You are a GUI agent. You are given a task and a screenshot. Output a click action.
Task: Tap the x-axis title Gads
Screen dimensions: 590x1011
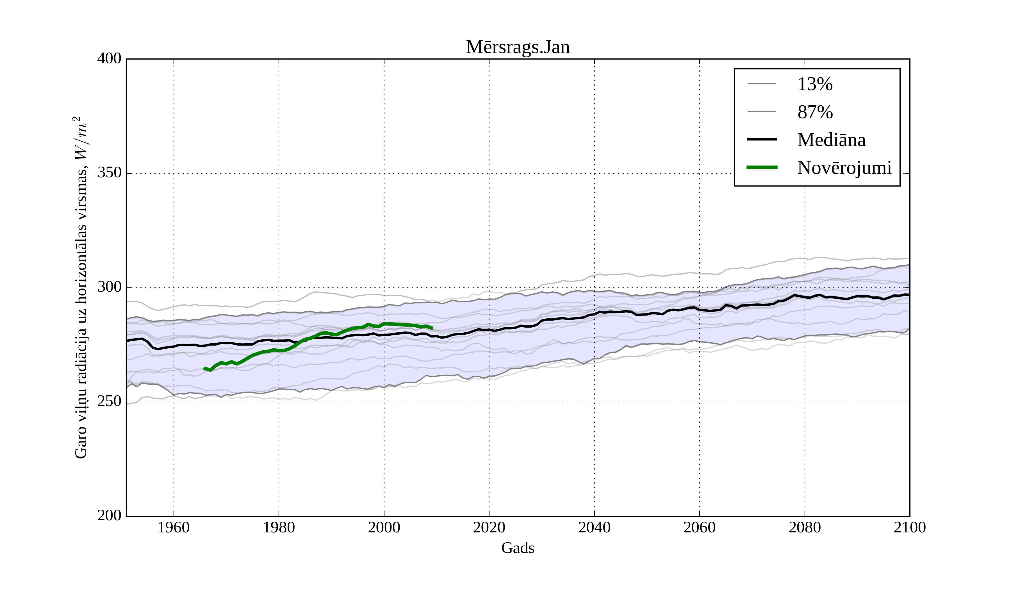pyautogui.click(x=518, y=548)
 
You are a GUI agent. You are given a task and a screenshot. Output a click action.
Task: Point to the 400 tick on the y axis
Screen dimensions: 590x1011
pyautogui.click(x=109, y=59)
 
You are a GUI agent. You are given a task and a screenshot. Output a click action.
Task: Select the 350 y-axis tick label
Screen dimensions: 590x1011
pyautogui.click(x=109, y=173)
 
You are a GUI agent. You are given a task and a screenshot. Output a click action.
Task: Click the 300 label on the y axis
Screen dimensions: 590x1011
pyautogui.click(x=109, y=287)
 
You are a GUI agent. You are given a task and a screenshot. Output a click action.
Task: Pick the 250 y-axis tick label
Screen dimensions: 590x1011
pyautogui.click(x=109, y=401)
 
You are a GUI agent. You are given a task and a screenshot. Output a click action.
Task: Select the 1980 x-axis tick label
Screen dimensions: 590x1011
pyautogui.click(x=279, y=527)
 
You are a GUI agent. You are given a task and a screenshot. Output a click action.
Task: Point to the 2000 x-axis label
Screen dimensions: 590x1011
pyautogui.click(x=384, y=527)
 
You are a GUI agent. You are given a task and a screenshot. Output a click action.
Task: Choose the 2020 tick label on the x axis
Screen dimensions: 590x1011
pyautogui.click(x=489, y=527)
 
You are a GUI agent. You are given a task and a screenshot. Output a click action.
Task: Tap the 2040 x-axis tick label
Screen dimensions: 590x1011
pyautogui.click(x=594, y=527)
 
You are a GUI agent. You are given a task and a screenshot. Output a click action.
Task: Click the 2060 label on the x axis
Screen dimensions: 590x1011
pyautogui.click(x=699, y=527)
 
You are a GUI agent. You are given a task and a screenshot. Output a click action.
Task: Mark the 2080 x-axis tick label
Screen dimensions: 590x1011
pyautogui.click(x=804, y=527)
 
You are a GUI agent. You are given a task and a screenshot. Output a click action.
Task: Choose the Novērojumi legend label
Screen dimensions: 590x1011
pyautogui.click(x=844, y=168)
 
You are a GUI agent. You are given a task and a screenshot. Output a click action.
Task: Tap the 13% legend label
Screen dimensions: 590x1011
pyautogui.click(x=815, y=84)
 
